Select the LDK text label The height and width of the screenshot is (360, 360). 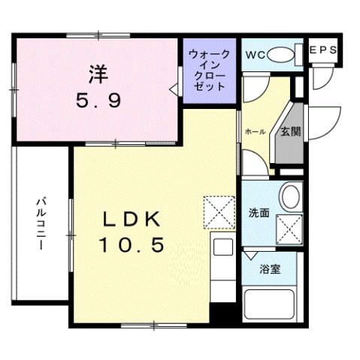tap(131, 219)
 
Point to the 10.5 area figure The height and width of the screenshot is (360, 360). tap(131, 245)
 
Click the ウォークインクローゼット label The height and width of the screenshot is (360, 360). tap(210, 70)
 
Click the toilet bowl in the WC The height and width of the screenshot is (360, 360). tap(281, 54)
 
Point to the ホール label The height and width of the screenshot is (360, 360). tap(253, 132)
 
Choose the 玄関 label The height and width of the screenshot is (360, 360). tap(291, 131)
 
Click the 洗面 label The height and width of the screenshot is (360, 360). tap(259, 213)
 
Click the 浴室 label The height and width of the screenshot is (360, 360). tap(270, 270)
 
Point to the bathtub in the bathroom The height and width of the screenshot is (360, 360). tap(272, 304)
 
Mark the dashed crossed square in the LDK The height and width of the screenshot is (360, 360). tap(219, 211)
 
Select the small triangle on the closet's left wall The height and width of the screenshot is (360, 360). tap(175, 90)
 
